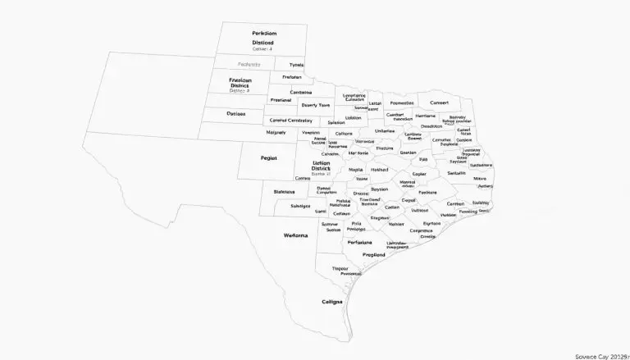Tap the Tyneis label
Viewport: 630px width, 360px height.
point(296,65)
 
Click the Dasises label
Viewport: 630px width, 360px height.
point(236,114)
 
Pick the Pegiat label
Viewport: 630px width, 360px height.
point(269,157)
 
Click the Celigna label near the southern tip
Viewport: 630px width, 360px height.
point(332,302)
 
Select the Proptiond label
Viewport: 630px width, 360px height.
point(379,254)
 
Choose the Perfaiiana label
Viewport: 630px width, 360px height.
point(359,242)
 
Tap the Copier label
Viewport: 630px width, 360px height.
point(420,174)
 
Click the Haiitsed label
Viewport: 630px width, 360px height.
point(379,170)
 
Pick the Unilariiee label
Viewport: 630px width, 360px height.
point(384,131)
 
